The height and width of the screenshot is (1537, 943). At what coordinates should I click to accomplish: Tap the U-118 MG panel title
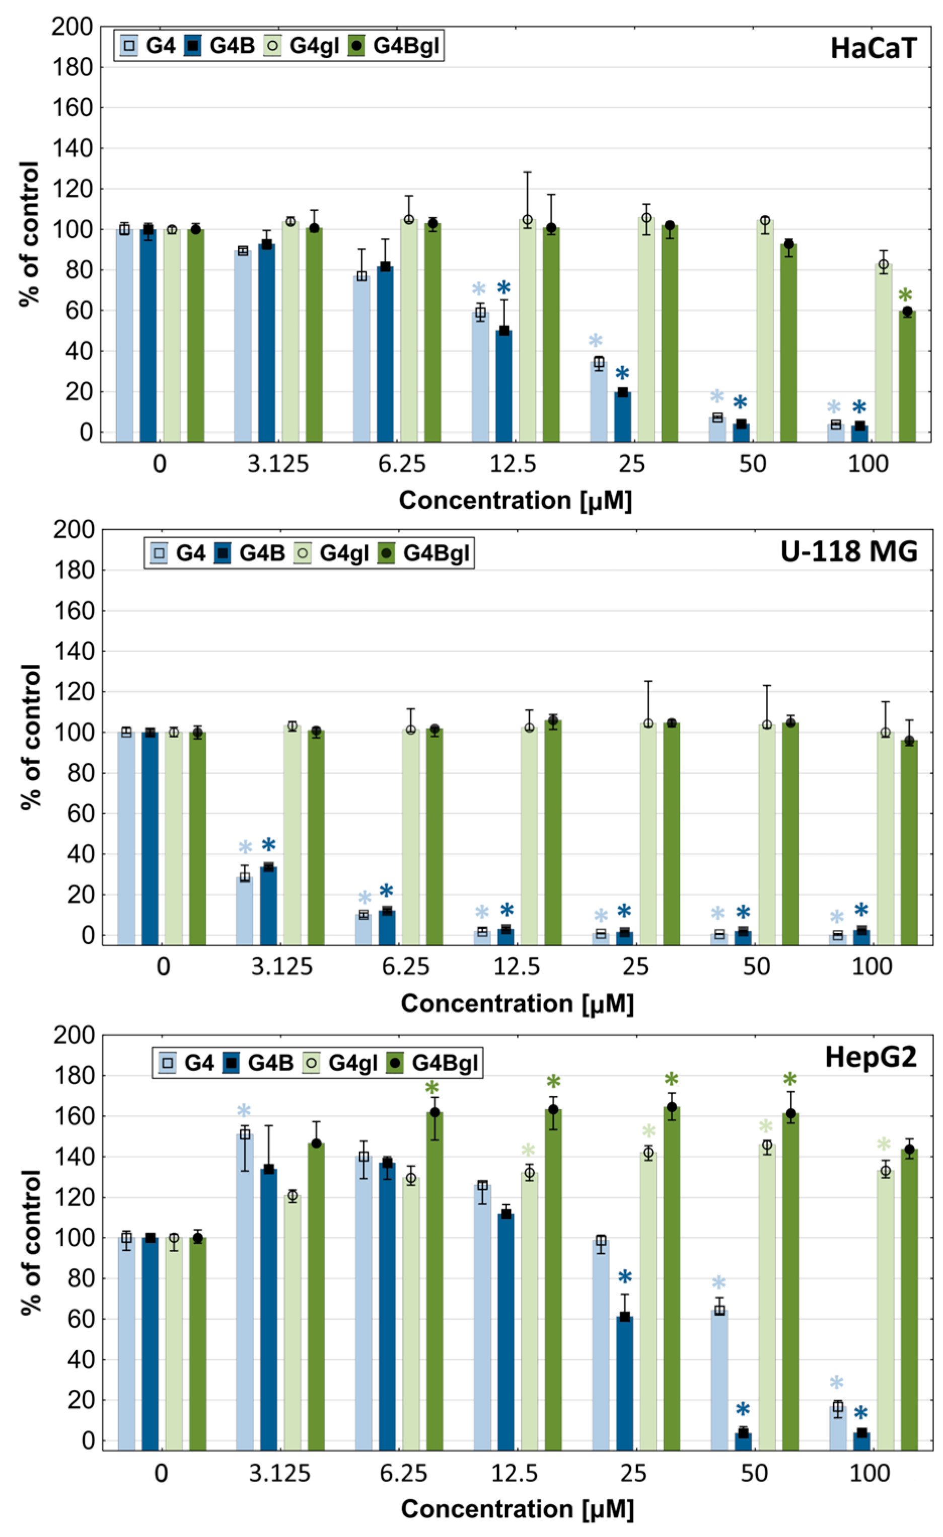click(848, 551)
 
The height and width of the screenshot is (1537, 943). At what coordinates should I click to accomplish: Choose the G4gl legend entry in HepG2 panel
click(341, 1062)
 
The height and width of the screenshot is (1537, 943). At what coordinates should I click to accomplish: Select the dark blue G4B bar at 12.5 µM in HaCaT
click(503, 387)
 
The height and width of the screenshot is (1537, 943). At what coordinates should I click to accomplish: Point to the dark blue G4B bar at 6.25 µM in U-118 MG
click(387, 928)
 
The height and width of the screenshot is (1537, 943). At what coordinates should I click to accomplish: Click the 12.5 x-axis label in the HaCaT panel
click(513, 464)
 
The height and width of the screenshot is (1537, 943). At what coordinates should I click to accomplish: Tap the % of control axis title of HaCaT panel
click(29, 233)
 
